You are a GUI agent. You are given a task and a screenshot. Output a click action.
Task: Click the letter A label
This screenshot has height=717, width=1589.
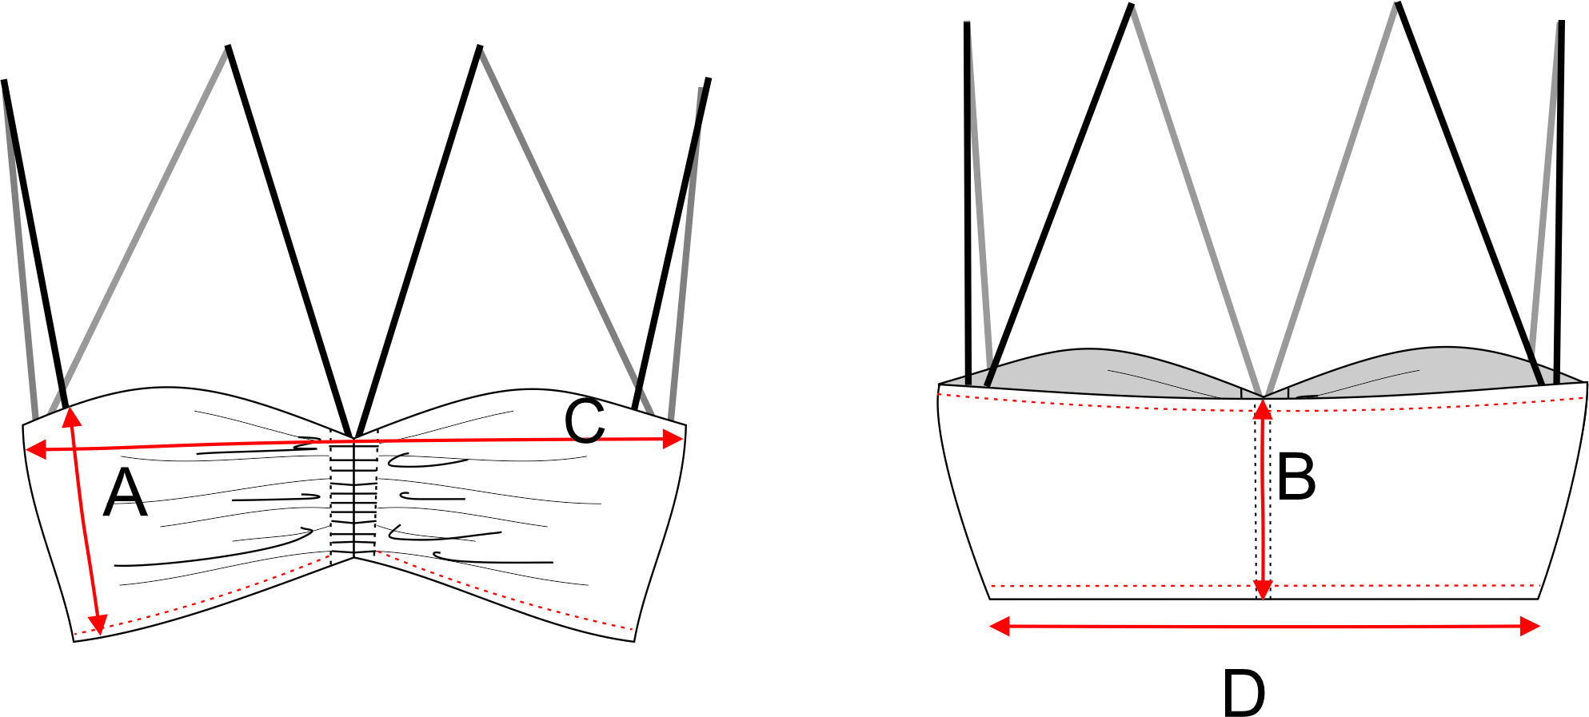126,493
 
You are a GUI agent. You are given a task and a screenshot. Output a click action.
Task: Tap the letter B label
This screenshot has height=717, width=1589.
1296,476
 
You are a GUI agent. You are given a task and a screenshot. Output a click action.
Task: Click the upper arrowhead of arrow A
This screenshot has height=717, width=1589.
71,416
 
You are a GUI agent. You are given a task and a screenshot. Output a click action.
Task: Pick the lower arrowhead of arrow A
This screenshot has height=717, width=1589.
98,624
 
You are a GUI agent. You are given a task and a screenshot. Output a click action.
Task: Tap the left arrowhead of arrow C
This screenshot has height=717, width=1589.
36,451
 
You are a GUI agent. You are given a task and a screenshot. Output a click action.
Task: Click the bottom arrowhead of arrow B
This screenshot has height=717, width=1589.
1262,589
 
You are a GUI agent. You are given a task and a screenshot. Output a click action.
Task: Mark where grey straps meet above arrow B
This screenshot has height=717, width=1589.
1263,395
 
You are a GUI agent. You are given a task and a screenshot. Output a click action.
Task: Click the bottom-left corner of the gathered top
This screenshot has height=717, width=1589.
74,641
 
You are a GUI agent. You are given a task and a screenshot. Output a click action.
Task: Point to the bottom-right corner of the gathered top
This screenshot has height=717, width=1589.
634,641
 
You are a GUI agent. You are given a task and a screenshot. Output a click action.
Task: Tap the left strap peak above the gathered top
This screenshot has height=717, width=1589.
228,47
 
